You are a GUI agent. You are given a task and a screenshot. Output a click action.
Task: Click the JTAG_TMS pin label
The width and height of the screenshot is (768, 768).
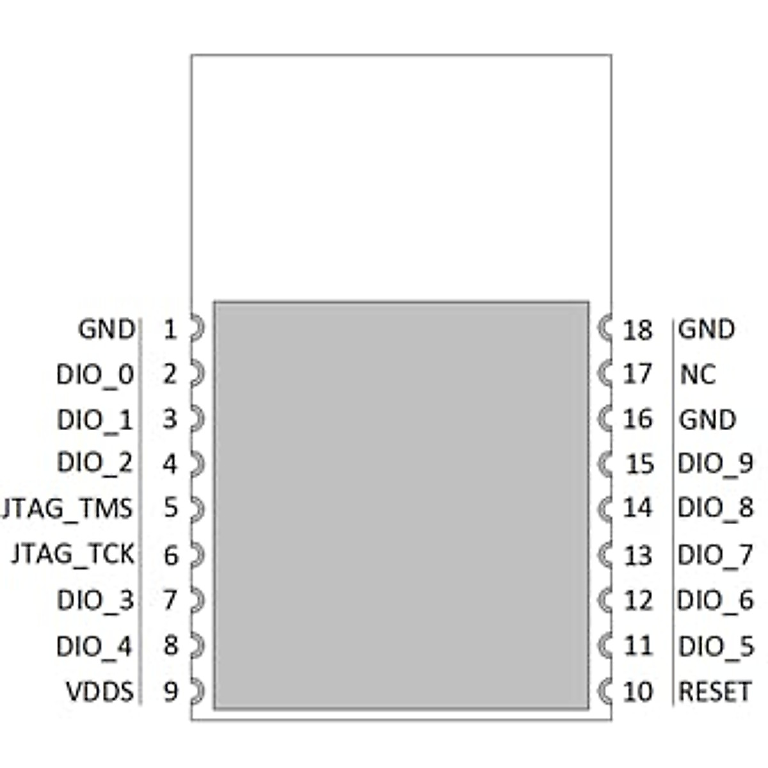point(67,508)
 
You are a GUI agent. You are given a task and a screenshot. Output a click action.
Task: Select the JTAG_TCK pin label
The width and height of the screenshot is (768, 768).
point(73,554)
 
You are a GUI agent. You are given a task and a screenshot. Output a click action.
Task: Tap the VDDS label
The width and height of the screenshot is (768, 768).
point(100,692)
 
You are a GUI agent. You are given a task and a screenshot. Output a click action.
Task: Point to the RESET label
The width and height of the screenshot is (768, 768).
point(714,692)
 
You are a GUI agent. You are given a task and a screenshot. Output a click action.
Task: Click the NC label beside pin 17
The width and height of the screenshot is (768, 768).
point(698,374)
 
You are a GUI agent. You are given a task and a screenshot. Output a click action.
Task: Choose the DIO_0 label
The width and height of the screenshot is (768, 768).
point(95,374)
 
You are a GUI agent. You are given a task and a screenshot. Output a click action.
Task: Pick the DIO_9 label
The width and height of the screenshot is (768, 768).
point(716,463)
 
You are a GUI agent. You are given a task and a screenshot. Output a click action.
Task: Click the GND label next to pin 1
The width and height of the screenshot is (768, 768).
point(106,330)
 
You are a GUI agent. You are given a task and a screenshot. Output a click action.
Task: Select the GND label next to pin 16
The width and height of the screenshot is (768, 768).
point(707,420)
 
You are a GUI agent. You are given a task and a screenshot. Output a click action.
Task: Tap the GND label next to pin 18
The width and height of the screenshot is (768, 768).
point(707,330)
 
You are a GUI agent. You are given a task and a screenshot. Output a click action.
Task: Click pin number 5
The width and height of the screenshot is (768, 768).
point(170,508)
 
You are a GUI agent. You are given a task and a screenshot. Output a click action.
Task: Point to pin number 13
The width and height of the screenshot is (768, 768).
point(637,556)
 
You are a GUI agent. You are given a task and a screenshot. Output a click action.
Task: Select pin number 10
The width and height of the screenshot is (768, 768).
point(637,692)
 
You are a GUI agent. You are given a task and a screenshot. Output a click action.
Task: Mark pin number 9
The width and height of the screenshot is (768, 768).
point(170,692)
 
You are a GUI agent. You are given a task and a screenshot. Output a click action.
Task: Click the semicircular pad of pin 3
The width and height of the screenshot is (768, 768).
point(197,419)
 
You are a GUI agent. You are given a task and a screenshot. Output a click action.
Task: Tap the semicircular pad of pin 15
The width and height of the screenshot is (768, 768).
point(605,463)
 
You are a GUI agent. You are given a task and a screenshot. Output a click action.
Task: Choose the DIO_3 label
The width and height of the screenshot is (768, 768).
point(95,600)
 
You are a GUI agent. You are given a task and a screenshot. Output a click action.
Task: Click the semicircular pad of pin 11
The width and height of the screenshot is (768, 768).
point(605,645)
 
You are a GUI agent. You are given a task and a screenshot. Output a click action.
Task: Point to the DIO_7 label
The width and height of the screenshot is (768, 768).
point(715,555)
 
